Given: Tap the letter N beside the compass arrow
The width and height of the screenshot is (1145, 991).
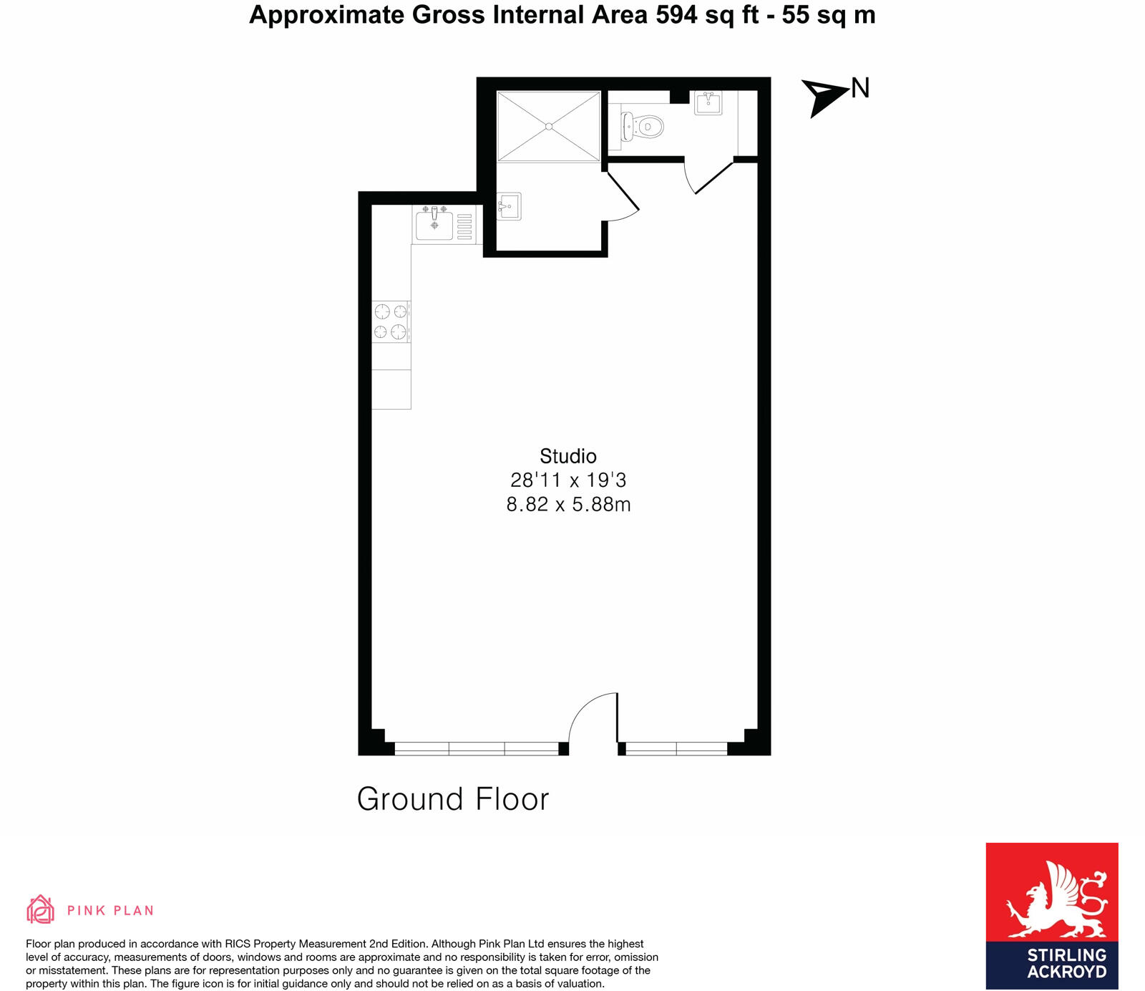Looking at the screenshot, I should click(860, 88).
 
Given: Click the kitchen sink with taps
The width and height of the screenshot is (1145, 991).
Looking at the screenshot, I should click(435, 225).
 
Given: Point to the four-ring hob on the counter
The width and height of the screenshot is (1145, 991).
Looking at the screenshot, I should click(391, 322).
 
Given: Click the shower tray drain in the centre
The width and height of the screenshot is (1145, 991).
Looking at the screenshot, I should click(549, 127).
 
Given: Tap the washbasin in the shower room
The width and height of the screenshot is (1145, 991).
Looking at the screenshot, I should click(509, 207).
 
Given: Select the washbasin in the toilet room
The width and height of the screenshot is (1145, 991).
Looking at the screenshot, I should click(708, 102).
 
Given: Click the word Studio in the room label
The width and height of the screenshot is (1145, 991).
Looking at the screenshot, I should click(567, 456).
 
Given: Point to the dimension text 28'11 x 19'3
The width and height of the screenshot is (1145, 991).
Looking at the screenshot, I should click(568, 480).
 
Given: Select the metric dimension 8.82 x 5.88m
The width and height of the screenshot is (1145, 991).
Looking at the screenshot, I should click(568, 505).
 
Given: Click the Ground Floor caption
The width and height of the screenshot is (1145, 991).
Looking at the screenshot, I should click(452, 799).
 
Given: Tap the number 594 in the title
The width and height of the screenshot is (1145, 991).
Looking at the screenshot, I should click(676, 15).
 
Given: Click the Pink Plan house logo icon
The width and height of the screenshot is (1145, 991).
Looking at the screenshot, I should click(41, 909).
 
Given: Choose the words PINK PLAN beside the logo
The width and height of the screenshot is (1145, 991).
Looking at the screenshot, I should click(110, 911).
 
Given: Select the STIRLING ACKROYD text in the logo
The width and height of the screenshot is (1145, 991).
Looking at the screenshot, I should click(1066, 963).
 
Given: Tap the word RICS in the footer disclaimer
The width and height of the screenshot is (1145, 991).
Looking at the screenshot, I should click(239, 944).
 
